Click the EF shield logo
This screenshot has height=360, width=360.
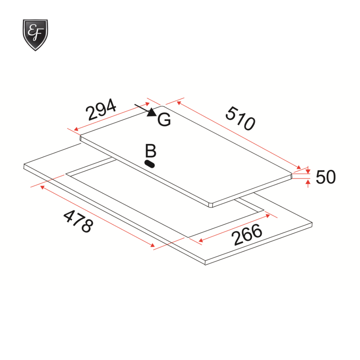[35, 35]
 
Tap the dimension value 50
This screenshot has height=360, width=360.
[326, 177]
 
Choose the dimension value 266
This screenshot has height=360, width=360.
[247, 235]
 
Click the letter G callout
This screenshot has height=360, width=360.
[164, 120]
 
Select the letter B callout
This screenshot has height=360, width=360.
[151, 151]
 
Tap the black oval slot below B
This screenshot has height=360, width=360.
[150, 164]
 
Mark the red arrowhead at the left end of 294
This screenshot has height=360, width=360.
[76, 129]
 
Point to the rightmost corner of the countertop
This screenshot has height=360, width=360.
[313, 224]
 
